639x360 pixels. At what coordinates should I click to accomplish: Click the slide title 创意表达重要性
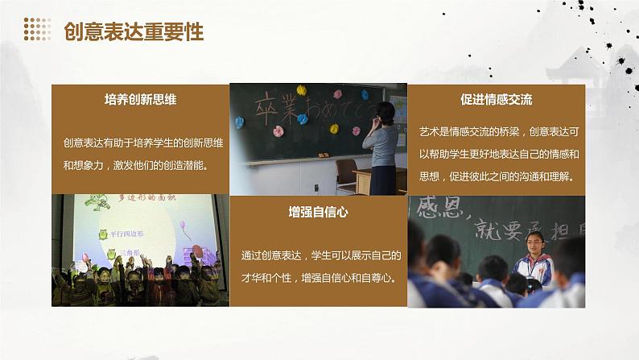click(x=133, y=31)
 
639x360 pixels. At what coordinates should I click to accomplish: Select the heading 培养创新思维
click(x=140, y=100)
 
